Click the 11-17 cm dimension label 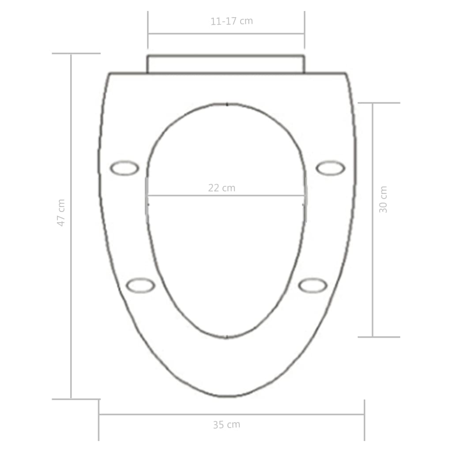coord(232,21)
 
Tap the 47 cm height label coord(61,213)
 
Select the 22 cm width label coord(222,188)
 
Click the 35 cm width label coord(226,425)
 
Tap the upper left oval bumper coord(124,168)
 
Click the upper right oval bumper coord(331,168)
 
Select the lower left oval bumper coord(140,285)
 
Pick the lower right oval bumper coord(313,285)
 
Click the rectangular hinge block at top coord(226,64)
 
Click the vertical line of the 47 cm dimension coord(71,265)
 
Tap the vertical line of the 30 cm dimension coord(373,265)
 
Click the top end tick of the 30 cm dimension coord(379,103)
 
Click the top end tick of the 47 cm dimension coord(76,53)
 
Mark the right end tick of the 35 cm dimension coord(364,420)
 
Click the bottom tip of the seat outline coord(226,396)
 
